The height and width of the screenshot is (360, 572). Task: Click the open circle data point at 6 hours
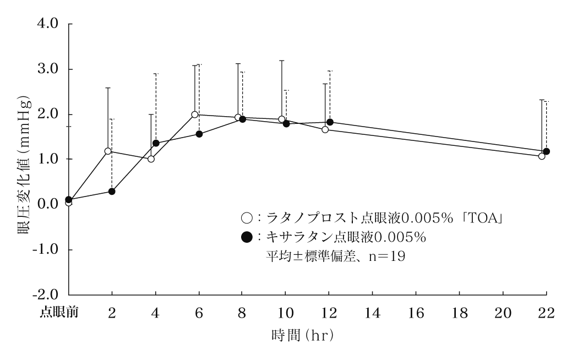pyautogui.click(x=195, y=114)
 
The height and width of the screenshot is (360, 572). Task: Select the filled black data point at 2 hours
pyautogui.click(x=112, y=192)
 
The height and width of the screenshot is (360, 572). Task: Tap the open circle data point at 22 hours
pyautogui.click(x=542, y=156)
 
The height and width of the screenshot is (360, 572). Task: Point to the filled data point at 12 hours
pyautogui.click(x=330, y=122)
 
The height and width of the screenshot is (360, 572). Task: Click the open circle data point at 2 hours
pyautogui.click(x=108, y=151)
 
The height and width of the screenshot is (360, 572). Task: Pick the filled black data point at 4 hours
pyautogui.click(x=156, y=143)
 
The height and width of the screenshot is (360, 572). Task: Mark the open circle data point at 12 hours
pyautogui.click(x=325, y=130)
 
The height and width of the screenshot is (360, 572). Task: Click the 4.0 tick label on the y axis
pyautogui.click(x=50, y=25)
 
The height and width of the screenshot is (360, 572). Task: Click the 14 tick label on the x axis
pyautogui.click(x=373, y=313)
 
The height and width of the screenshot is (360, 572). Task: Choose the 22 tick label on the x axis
pyautogui.click(x=546, y=313)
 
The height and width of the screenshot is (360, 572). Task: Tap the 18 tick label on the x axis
pyautogui.click(x=460, y=313)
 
